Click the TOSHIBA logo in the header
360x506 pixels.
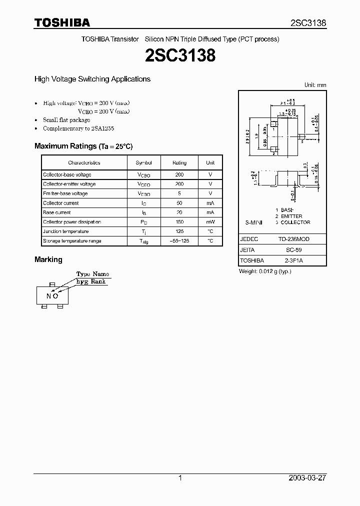click(x=62, y=22)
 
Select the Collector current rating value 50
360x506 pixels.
click(x=179, y=203)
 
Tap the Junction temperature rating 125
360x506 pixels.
click(x=179, y=231)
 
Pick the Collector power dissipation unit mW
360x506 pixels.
click(x=210, y=222)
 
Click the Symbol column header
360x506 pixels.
click(x=143, y=162)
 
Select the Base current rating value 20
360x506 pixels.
click(x=179, y=212)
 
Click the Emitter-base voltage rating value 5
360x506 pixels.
click(x=179, y=193)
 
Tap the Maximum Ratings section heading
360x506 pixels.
click(x=83, y=146)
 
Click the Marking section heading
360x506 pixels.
click(x=48, y=259)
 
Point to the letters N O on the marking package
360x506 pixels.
click(x=52, y=296)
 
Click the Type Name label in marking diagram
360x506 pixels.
click(x=92, y=274)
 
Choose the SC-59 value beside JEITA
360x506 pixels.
click(x=293, y=249)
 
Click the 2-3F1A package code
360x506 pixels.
click(x=293, y=260)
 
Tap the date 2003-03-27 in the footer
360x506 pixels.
click(x=307, y=478)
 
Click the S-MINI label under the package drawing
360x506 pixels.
click(x=253, y=222)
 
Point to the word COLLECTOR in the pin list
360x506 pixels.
click(x=295, y=222)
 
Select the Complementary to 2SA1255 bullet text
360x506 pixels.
click(x=78, y=128)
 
